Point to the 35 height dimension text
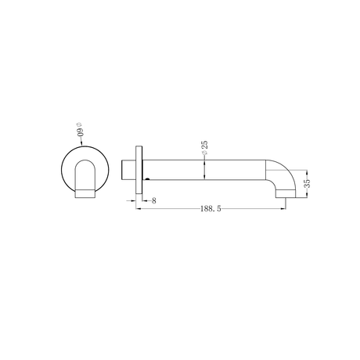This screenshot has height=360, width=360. click(308, 182)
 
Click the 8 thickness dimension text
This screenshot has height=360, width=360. click(154, 201)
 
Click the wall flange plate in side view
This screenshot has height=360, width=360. click(139, 171)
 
